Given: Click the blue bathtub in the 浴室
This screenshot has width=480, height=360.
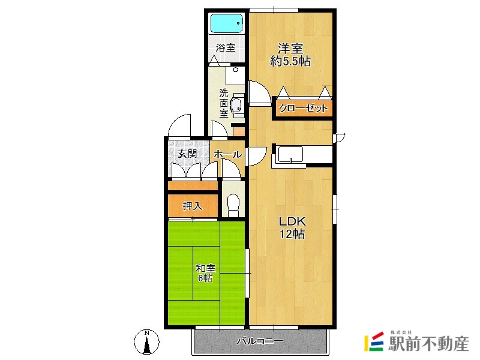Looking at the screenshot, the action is (227, 23).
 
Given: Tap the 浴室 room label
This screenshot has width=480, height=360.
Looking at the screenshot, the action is (226, 48).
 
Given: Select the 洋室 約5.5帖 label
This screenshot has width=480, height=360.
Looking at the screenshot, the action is (290, 55).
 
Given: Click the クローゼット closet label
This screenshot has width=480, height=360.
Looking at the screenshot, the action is (304, 108).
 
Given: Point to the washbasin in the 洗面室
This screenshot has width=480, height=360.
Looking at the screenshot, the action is (236, 106).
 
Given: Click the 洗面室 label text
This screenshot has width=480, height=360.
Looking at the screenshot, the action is (224, 103).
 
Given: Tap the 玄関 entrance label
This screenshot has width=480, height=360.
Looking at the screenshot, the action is (187, 154).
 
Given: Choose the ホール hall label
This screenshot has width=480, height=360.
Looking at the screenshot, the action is (228, 154).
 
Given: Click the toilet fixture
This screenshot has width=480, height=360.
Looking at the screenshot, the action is (233, 205).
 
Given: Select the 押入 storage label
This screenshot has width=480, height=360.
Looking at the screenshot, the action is (193, 206).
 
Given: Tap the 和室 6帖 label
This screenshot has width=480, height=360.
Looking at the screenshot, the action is (206, 273).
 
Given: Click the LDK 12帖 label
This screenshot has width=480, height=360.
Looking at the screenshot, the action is (292, 227).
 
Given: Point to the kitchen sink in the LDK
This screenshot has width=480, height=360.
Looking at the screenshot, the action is (290, 154).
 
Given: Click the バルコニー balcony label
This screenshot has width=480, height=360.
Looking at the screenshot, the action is (260, 341).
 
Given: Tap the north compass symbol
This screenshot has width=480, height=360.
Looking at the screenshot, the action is (147, 341).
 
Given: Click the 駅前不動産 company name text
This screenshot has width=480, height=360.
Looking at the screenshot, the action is (428, 343).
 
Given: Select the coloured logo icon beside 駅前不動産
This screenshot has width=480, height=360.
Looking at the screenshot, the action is (374, 341).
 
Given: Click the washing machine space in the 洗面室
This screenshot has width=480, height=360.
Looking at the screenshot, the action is (235, 76).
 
